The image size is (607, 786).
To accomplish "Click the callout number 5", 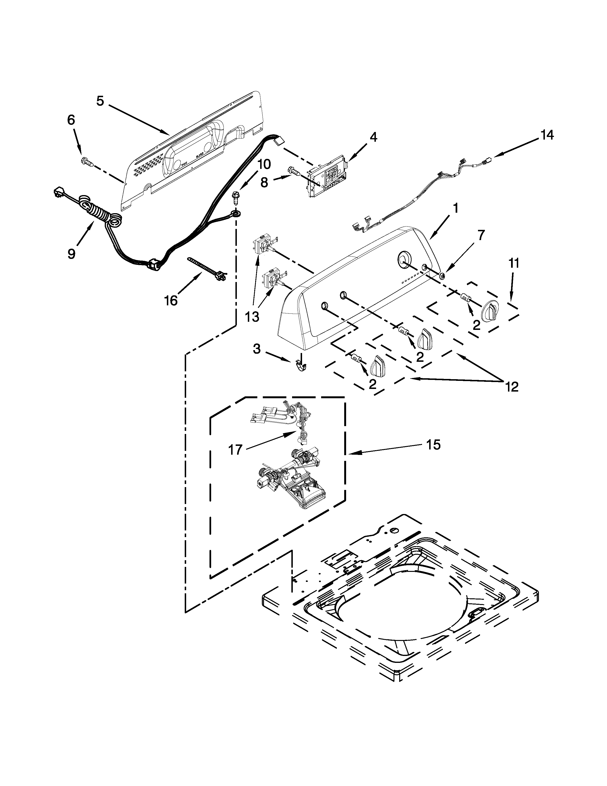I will coord(100,101).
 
